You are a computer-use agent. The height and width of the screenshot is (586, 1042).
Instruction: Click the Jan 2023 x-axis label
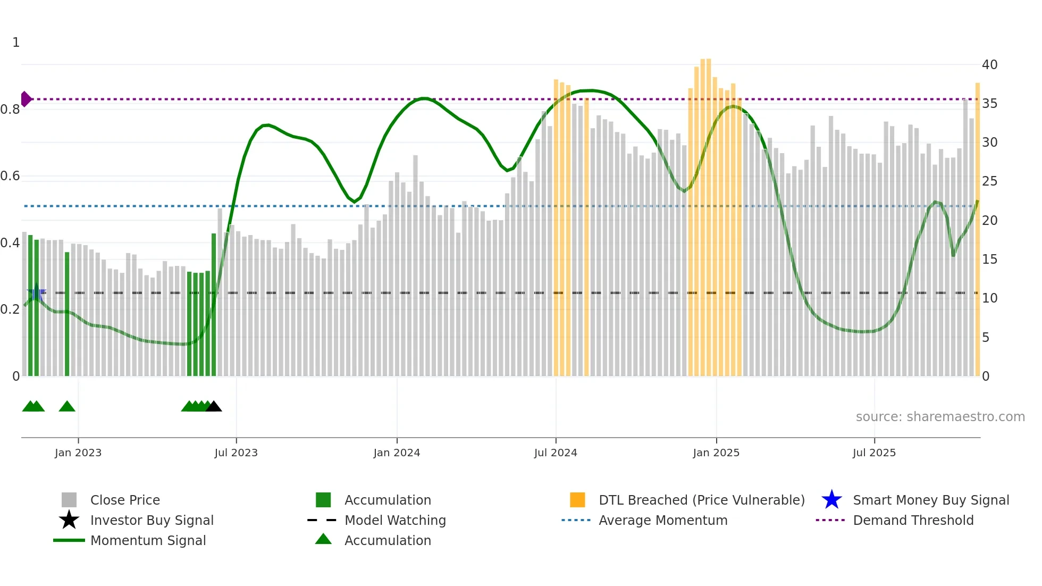coord(78,453)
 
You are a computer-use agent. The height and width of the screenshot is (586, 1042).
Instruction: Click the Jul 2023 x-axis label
coord(236,453)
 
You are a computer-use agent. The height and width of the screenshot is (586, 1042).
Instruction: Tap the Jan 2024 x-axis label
coord(397,453)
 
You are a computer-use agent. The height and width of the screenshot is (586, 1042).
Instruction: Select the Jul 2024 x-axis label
coord(556,453)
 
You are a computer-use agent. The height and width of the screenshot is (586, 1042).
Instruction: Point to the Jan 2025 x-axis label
coord(716,453)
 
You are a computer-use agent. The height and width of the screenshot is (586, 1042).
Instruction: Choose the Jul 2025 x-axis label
coord(874,453)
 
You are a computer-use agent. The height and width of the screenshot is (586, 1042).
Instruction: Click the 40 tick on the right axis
coord(989,65)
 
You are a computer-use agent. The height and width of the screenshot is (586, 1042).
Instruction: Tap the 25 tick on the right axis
coord(989,181)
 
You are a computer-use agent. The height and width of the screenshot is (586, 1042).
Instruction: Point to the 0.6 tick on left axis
coord(10,176)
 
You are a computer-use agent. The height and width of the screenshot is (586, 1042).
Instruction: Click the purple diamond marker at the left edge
coord(26,99)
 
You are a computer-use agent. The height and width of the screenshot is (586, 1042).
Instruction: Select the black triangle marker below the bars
coord(214,407)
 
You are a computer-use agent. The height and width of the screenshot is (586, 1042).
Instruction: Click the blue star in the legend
coord(831,500)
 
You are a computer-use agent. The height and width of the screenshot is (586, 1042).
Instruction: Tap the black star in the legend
coord(69,520)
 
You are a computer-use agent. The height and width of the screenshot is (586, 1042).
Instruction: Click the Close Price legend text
coord(125,500)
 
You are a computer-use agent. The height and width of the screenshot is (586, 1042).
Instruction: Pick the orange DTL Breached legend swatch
coord(577,500)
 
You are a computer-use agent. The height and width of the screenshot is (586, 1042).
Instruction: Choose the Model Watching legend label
coord(395,520)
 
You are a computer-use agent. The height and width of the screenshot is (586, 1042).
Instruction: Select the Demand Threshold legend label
coord(913,520)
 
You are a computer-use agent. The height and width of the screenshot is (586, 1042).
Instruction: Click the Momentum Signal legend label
coord(148,540)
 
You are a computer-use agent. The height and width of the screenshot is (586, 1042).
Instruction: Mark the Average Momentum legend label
coord(663,520)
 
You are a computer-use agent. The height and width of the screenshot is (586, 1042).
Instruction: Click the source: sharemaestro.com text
coord(940,417)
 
